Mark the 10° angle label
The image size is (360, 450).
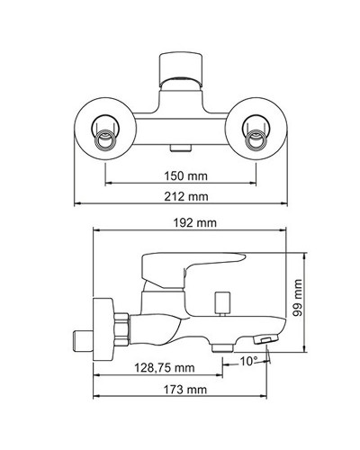pos(248,361)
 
